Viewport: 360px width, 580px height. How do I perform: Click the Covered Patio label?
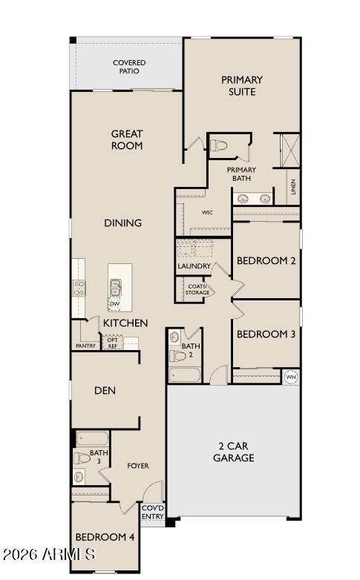point(129,67)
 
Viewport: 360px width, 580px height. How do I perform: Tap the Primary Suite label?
point(242,85)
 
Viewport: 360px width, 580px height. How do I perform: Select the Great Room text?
point(127,139)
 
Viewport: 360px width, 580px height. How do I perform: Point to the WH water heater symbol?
point(292,376)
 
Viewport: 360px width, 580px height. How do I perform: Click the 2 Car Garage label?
point(234,452)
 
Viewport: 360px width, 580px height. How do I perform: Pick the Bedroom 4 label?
point(105,537)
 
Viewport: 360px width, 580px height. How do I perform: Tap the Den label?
point(105,390)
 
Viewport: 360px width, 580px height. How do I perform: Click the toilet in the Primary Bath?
point(217,145)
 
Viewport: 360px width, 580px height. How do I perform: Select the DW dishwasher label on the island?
point(114,304)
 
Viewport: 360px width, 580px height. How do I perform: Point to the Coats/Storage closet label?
point(197,289)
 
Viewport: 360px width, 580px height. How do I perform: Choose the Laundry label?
point(194,266)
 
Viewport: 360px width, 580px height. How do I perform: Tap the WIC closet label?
point(207,213)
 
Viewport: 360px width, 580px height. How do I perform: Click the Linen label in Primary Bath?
point(294,186)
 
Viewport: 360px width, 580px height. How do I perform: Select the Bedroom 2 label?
point(266,261)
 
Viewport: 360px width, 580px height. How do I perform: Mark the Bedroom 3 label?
point(266,335)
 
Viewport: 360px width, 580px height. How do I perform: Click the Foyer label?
point(138,466)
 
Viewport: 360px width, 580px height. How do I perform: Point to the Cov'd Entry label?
point(152,513)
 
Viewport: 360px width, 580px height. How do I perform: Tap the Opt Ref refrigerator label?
point(113,343)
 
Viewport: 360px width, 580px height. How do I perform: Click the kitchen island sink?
point(116,287)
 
